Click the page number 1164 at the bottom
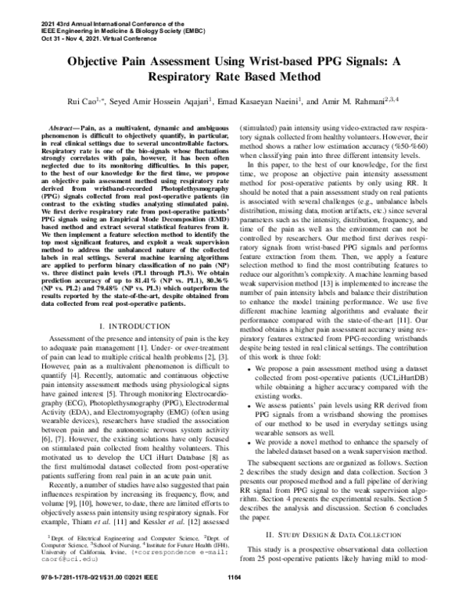pos(233,598)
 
